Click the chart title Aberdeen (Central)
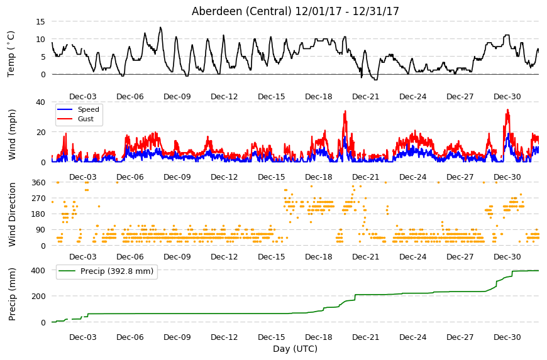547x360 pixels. (241, 11)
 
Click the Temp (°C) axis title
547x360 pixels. (11, 54)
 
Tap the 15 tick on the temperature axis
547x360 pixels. (40, 21)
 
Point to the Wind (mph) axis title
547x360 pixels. (12, 134)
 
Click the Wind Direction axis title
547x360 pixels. (12, 214)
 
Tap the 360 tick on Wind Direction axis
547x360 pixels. (38, 183)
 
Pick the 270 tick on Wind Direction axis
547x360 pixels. (38, 199)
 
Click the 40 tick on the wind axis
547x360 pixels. (40, 102)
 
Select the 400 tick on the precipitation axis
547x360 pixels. (38, 270)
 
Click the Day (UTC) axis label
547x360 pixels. (295, 349)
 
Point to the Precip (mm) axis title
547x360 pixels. (12, 294)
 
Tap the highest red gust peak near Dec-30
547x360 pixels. (507, 110)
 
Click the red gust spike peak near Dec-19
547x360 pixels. (345, 111)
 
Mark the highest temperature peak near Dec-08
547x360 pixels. (160, 27)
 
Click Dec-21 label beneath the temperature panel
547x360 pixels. (365, 97)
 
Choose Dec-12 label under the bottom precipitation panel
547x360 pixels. (224, 337)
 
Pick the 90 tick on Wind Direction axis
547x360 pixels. (40, 230)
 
